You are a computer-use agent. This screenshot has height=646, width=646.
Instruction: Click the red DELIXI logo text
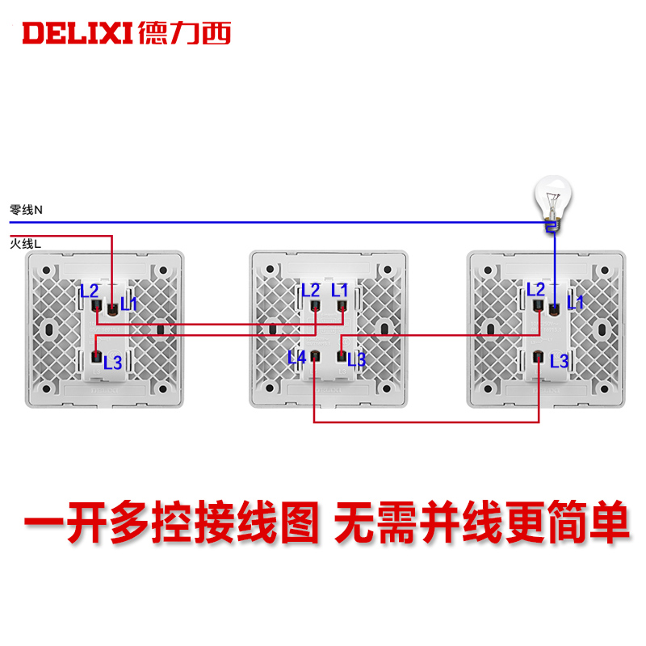(x=77, y=32)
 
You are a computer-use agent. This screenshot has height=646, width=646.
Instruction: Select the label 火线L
(x=27, y=241)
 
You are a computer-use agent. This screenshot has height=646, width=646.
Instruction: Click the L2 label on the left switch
(x=89, y=291)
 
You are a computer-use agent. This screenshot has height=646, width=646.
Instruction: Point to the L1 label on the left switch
(x=128, y=304)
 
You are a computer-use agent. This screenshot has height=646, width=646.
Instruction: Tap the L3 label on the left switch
(x=113, y=362)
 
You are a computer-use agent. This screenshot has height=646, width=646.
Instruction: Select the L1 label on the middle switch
(x=340, y=290)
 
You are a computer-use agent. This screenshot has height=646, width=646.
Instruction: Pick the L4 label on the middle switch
(x=297, y=356)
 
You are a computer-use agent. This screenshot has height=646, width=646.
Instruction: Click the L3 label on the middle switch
(x=357, y=360)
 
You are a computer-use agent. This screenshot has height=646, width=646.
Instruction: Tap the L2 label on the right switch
(x=536, y=290)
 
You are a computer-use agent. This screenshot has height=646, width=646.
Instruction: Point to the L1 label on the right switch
(x=574, y=303)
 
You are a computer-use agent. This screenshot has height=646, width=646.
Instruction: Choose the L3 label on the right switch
(x=559, y=360)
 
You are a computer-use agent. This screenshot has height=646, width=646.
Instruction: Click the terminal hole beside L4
(x=314, y=356)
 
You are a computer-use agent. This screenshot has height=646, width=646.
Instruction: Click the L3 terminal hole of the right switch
(x=538, y=356)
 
